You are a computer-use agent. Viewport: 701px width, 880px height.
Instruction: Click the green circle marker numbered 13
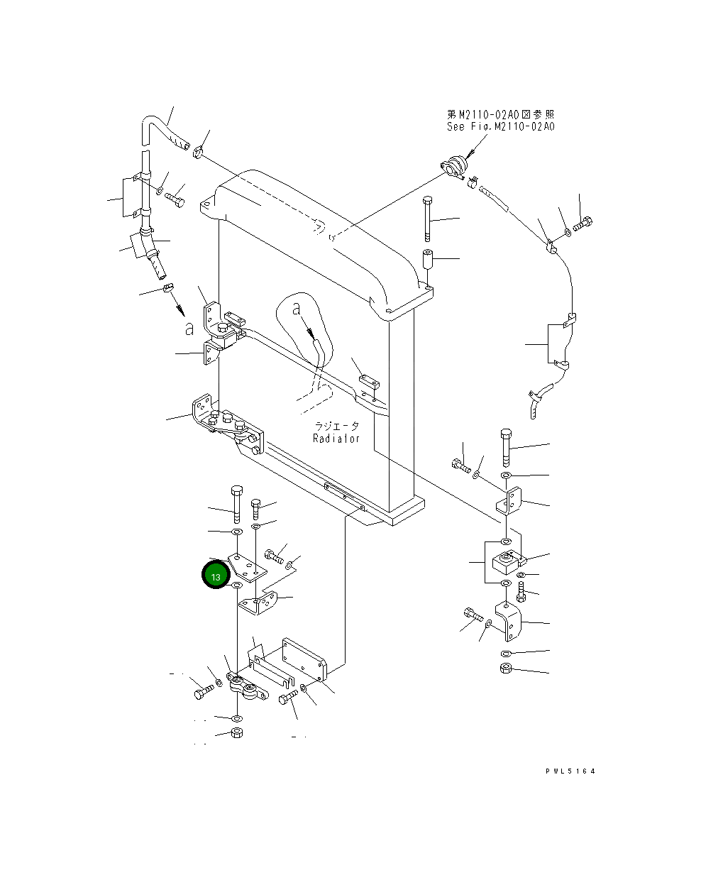(x=215, y=576)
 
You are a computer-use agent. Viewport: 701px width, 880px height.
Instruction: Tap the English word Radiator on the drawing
(x=336, y=438)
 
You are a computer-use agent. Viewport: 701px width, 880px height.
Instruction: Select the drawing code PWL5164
(x=570, y=771)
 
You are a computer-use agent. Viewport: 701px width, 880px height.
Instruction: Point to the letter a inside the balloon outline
(x=297, y=309)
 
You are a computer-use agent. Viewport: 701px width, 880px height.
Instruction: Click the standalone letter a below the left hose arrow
(x=189, y=328)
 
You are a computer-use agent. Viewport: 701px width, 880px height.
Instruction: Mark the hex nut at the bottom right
(x=505, y=668)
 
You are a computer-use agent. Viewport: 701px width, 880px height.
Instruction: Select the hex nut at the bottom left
(x=237, y=733)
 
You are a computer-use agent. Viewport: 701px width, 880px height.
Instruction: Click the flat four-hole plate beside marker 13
(x=248, y=566)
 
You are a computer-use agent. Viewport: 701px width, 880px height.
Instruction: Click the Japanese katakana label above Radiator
(x=337, y=426)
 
